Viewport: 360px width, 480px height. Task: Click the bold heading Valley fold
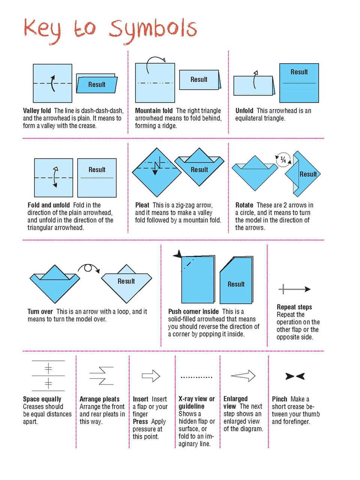click(37, 111)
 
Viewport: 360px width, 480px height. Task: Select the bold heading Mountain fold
click(154, 111)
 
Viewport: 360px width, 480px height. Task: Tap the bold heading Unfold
click(244, 111)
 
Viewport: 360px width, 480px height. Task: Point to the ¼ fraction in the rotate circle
click(283, 160)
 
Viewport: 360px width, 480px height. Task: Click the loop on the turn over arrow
click(88, 268)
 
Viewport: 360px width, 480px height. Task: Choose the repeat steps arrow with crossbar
click(294, 289)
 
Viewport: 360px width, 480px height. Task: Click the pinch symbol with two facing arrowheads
click(295, 376)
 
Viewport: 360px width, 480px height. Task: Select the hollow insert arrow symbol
click(151, 376)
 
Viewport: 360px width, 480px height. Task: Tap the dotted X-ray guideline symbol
click(196, 377)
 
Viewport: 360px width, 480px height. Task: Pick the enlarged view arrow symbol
click(243, 376)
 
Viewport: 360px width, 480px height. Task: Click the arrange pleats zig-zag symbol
click(102, 375)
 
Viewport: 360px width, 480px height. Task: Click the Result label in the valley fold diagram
click(97, 84)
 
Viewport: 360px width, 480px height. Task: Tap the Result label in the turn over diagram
click(126, 281)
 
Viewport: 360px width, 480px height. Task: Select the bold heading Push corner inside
click(193, 311)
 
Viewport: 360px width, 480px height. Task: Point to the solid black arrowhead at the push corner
click(178, 254)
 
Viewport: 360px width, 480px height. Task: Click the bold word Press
click(140, 421)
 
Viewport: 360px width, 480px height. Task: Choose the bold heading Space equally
click(42, 399)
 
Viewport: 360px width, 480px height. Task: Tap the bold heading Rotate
click(244, 205)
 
